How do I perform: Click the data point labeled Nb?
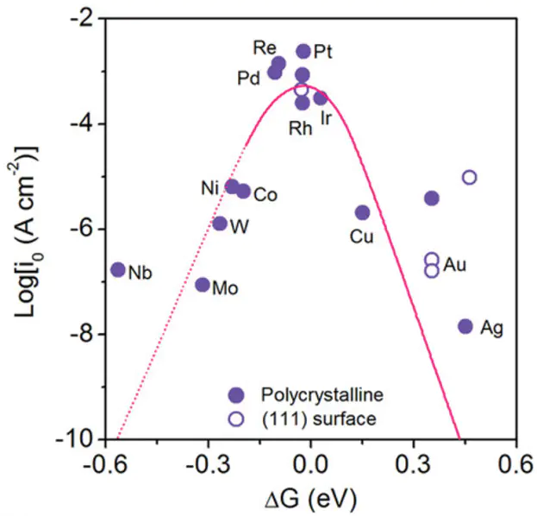pos(118,270)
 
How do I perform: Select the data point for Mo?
pos(203,285)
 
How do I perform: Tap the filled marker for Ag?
pos(465,326)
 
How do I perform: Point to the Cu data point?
pos(363,212)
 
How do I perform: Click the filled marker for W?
pos(220,223)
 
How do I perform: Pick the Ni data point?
pos(232,186)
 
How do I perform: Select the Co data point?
pos(244,192)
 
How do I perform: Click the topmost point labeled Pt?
pos(303,52)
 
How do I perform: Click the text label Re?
pos(265,47)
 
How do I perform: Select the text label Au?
pos(455,265)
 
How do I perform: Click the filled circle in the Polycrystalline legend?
pos(236,394)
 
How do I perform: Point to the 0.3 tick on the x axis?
pos(413,458)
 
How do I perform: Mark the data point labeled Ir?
pos(321,98)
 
